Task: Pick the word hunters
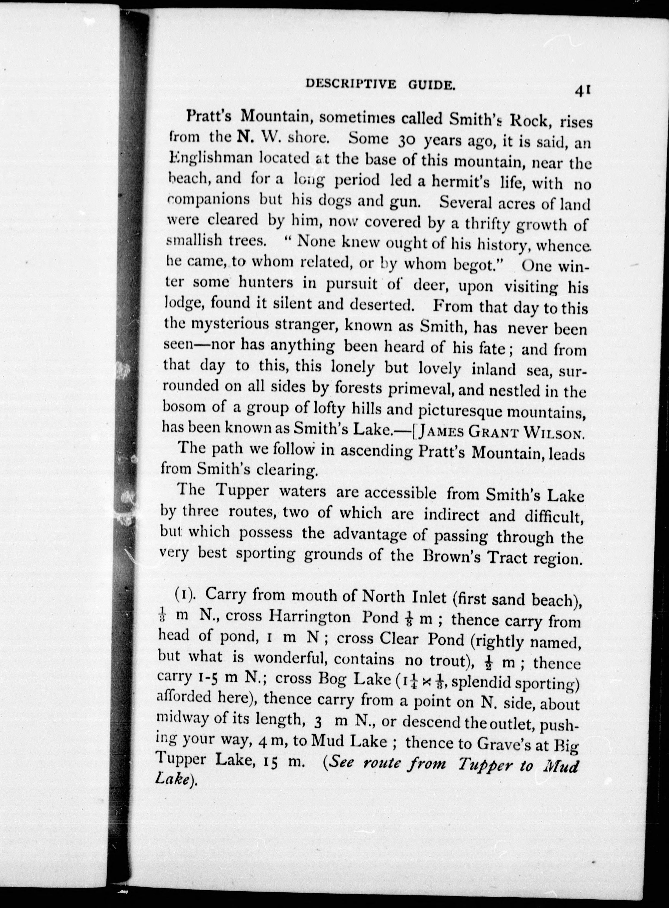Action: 266,283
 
